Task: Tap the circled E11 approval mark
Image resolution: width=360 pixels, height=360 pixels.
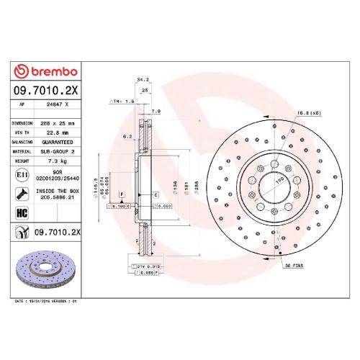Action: (x=22, y=175)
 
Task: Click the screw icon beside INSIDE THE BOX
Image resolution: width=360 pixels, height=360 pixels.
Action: (x=22, y=194)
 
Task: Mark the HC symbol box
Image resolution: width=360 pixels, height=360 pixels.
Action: (x=22, y=212)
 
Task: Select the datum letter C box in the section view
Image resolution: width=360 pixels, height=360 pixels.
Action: (x=156, y=195)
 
